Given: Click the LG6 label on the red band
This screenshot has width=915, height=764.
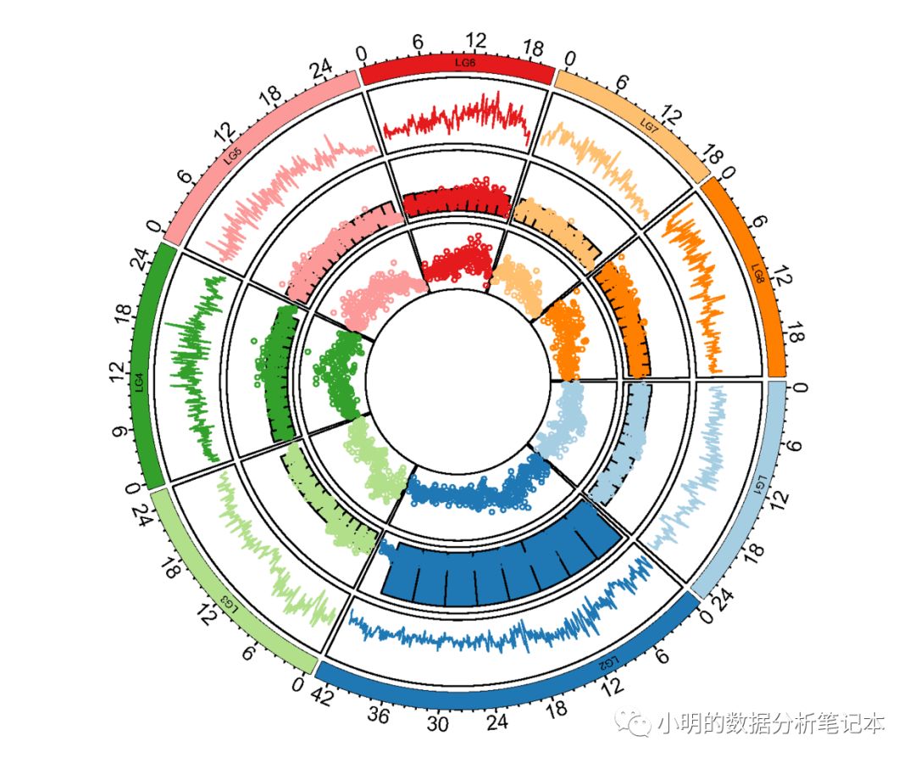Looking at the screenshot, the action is [465, 62].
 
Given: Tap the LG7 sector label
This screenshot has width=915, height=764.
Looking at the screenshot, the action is [650, 125].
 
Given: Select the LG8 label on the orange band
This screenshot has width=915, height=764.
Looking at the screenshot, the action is [758, 273].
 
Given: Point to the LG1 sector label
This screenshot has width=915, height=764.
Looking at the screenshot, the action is [761, 485].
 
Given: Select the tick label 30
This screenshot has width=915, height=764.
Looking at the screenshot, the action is [437, 725].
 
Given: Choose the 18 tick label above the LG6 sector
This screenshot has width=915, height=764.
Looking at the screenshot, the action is [534, 48].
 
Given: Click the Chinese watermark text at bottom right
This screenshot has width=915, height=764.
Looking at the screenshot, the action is [770, 723].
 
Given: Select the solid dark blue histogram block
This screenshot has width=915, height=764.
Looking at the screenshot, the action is [500, 568].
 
